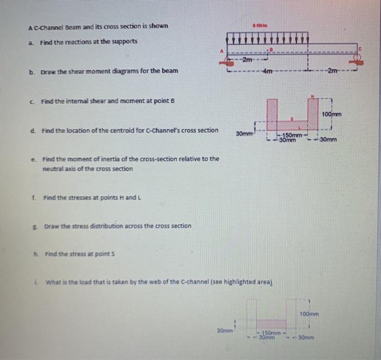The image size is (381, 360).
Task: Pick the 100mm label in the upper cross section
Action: (331, 115)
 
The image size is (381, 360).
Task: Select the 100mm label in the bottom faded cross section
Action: (309, 314)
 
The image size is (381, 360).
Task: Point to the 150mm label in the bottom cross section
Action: (272, 332)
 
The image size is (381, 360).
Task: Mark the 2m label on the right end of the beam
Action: (332, 72)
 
